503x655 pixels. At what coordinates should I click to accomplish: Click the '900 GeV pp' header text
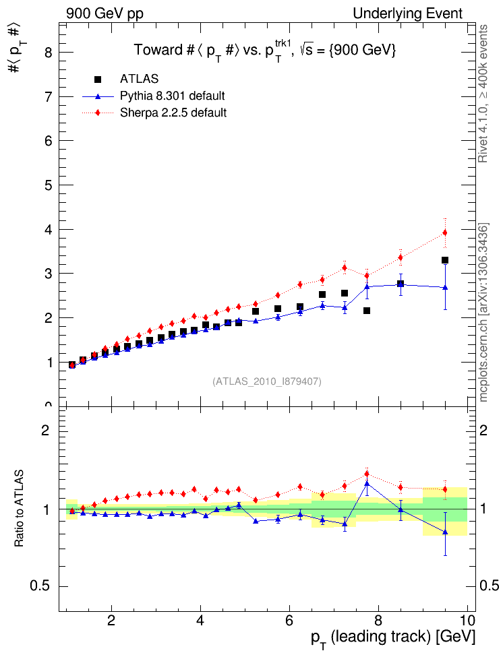105,13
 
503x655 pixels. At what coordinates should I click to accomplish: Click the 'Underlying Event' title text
407,13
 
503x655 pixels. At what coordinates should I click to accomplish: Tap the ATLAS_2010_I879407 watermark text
267,381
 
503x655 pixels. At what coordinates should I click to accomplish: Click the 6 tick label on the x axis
289,619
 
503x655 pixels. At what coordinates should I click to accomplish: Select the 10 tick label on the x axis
467,619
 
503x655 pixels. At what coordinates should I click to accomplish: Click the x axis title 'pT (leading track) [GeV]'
392,637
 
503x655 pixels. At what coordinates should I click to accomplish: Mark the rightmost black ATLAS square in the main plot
445,260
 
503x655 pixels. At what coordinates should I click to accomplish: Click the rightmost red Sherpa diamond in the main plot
445,232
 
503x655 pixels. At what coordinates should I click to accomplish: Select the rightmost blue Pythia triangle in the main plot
445,287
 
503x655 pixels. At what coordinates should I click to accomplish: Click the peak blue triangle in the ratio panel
367,483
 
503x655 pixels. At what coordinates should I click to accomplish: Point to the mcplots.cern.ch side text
483,312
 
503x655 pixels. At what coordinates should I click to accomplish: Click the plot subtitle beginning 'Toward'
264,50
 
